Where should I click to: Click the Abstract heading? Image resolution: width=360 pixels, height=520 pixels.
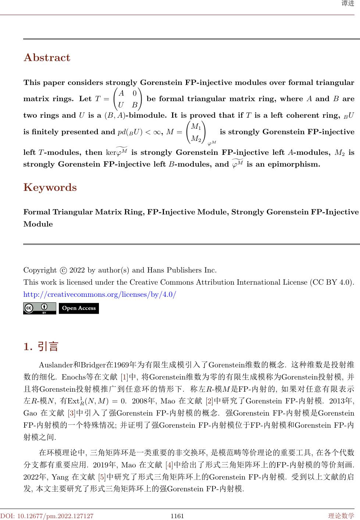[x=47, y=58]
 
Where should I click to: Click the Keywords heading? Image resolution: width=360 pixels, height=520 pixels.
[x=50, y=188]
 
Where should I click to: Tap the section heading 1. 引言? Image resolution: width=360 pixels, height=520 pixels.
[x=41, y=346]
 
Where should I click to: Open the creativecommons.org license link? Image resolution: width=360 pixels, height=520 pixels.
[x=100, y=295]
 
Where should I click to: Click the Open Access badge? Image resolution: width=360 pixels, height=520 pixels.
[x=79, y=308]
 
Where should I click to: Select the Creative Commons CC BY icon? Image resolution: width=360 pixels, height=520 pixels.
[x=39, y=308]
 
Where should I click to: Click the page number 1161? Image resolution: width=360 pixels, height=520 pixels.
[x=177, y=516]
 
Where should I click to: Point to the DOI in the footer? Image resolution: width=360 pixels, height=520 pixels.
[x=47, y=516]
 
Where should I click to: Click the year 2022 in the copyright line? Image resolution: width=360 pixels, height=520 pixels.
[x=77, y=270]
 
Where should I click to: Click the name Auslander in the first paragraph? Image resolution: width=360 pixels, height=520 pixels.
[x=56, y=365]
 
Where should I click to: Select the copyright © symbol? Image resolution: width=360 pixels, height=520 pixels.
[x=63, y=270]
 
